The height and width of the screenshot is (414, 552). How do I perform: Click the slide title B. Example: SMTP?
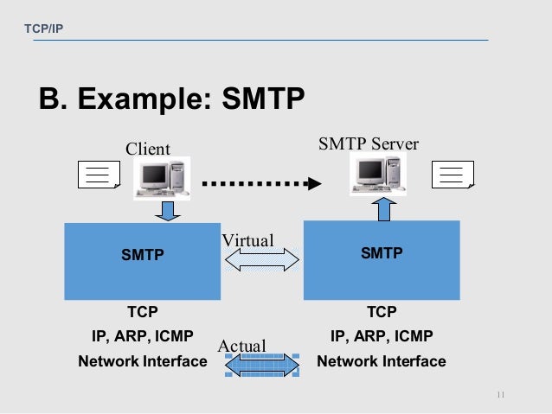tap(171, 99)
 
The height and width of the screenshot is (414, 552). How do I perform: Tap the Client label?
tap(148, 149)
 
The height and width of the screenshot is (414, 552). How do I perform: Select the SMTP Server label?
tap(369, 143)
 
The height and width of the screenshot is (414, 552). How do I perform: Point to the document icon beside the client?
tap(99, 175)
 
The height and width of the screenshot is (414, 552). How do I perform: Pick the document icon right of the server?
tap(453, 175)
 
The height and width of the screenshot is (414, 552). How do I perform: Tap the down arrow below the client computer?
tap(168, 210)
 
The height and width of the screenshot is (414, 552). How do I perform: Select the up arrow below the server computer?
tap(387, 209)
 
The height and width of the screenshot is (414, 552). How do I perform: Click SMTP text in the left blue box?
tap(142, 255)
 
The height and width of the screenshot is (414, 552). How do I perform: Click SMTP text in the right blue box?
tap(382, 253)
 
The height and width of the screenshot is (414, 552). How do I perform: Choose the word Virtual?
tap(247, 240)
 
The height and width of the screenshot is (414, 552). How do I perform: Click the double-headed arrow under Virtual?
tap(261, 260)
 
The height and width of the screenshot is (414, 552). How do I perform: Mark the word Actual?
tap(241, 346)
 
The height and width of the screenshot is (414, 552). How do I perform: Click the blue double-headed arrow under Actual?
tap(261, 366)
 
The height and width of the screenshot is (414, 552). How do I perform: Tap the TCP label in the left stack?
tap(143, 311)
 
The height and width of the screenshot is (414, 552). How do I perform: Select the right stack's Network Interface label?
tap(382, 361)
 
